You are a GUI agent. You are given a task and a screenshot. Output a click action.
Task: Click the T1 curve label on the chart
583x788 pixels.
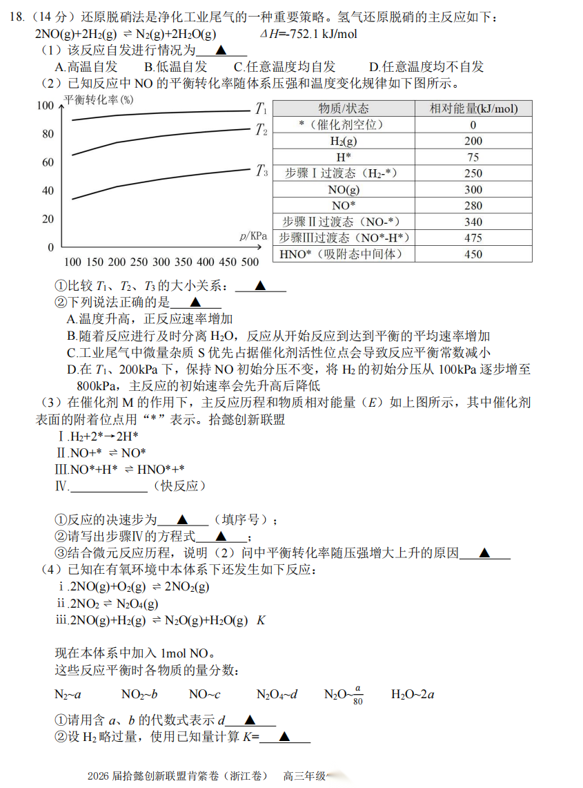(261, 108)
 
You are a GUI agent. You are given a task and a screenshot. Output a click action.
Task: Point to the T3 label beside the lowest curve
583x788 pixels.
(261, 171)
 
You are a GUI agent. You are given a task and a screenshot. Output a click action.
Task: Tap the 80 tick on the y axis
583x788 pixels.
(48, 134)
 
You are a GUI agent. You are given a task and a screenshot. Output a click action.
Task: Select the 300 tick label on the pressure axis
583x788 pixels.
(161, 262)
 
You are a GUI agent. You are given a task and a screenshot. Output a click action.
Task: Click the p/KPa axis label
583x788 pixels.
(253, 236)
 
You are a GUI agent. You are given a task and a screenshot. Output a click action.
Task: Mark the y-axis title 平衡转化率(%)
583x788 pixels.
(99, 99)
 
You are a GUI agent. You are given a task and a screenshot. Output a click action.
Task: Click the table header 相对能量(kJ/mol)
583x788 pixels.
(473, 108)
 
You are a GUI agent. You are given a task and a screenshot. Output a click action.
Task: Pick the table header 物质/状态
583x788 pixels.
(343, 108)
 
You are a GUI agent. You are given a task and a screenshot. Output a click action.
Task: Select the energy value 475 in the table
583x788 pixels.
(473, 238)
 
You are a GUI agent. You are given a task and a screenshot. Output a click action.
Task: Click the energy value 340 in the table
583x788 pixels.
(473, 222)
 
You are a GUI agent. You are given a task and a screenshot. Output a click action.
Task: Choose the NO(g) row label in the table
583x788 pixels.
(344, 189)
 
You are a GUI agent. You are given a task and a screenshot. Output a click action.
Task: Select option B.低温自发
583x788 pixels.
(175, 66)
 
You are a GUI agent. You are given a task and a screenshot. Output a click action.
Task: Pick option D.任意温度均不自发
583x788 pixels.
(426, 66)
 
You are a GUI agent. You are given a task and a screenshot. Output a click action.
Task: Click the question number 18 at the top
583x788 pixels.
(15, 17)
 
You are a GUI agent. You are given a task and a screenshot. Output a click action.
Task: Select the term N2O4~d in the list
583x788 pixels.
(277, 694)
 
